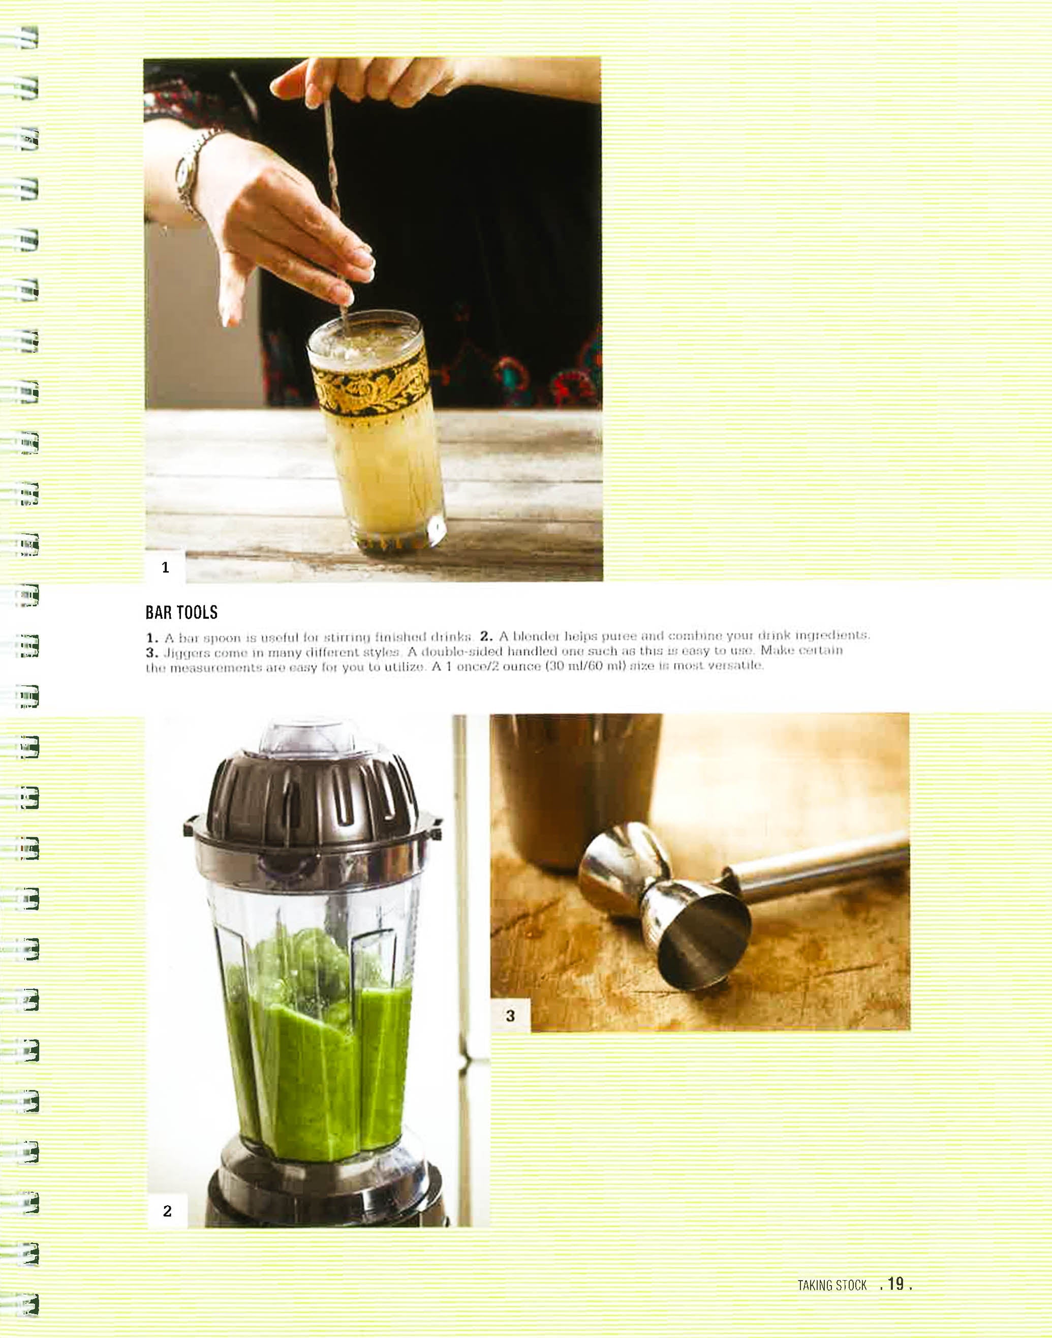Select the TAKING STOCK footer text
click(x=831, y=1285)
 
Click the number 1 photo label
click(x=165, y=567)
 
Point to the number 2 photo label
click(x=167, y=1210)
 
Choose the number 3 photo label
click(x=510, y=1015)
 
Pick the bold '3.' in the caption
click(x=152, y=652)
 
